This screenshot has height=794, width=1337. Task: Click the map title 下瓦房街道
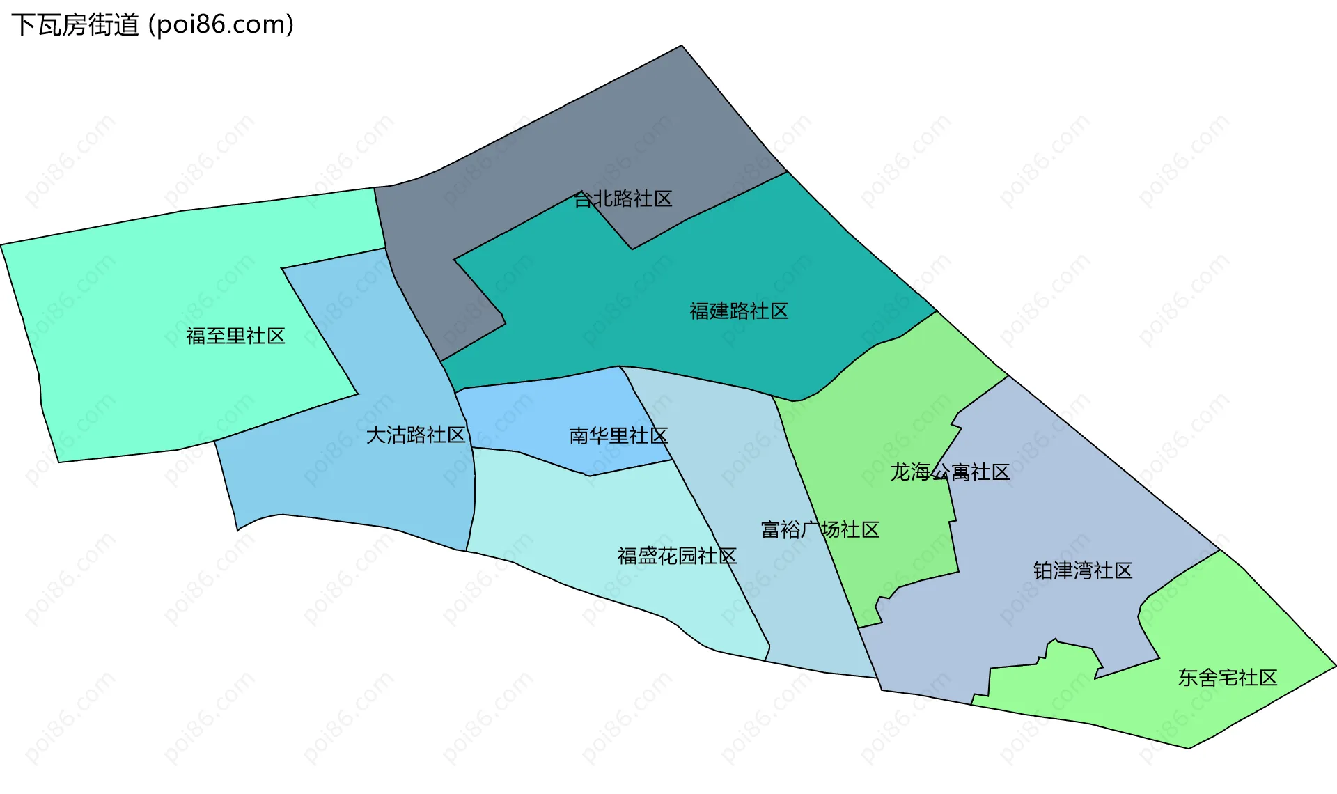click(75, 25)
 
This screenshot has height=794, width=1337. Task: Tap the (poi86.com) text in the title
click(221, 25)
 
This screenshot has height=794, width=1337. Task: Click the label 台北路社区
click(623, 199)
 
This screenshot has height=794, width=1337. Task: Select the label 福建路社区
click(739, 311)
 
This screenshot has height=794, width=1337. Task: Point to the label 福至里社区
click(235, 336)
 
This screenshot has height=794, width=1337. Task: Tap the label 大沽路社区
click(416, 435)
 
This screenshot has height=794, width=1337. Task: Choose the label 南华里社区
click(618, 436)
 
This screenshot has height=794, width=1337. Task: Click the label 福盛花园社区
click(677, 556)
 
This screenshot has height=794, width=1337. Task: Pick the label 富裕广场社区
click(820, 530)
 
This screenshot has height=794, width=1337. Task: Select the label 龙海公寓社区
click(950, 472)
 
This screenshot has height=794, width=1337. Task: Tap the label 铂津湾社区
click(1083, 571)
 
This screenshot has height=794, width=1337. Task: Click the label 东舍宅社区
click(1228, 678)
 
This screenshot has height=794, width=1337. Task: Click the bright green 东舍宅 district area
click(1226, 627)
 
